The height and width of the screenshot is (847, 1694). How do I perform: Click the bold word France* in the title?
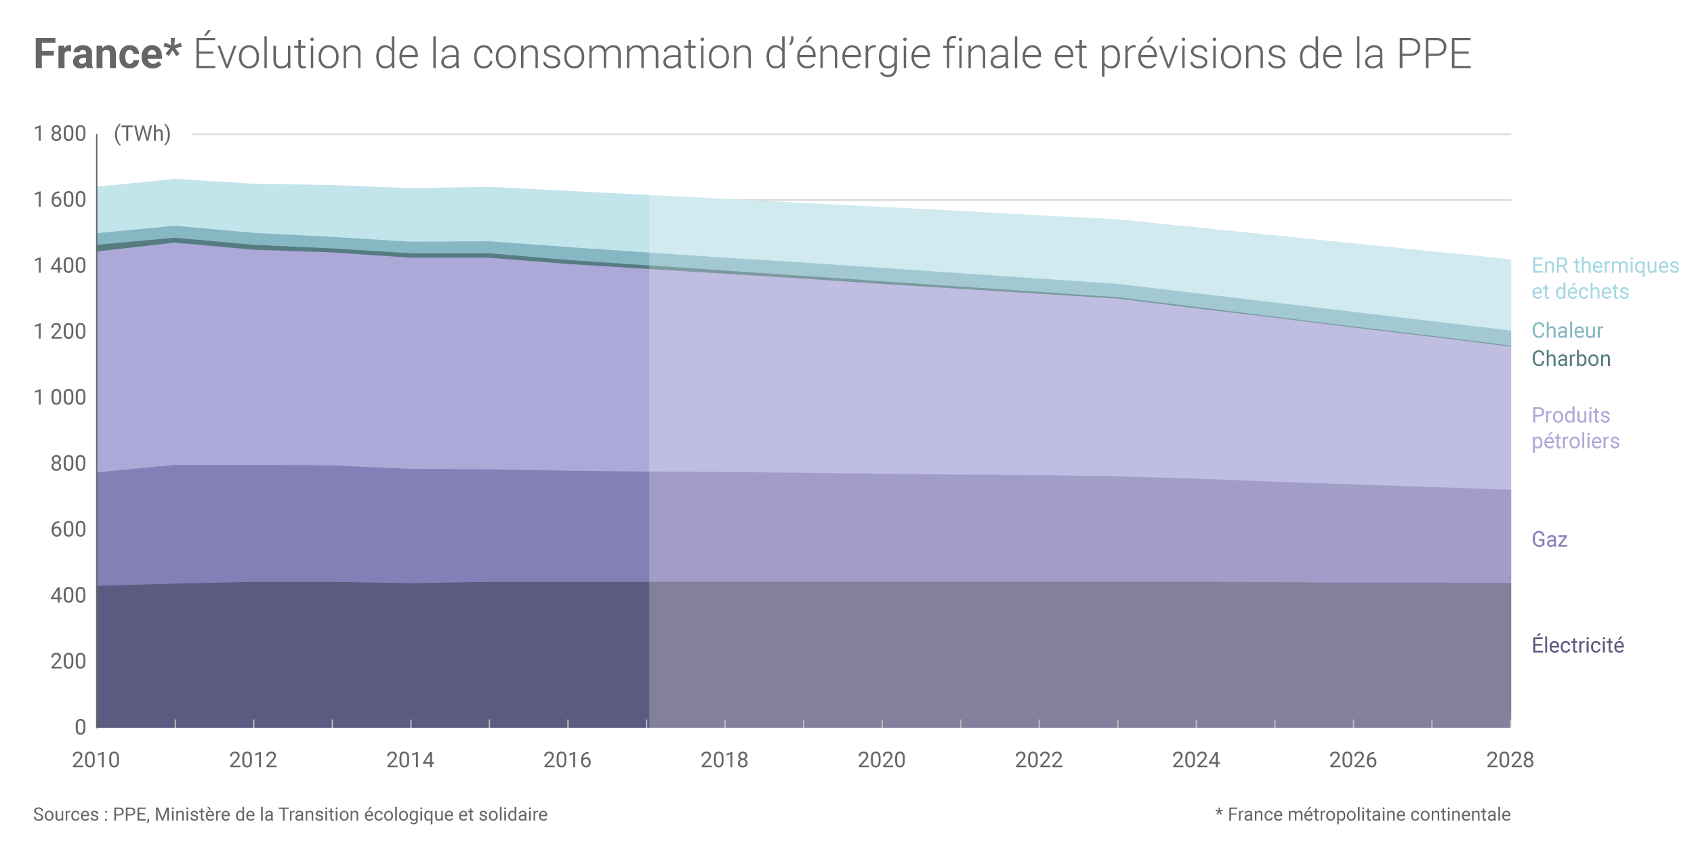click(107, 54)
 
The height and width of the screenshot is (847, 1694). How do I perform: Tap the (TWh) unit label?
click(142, 133)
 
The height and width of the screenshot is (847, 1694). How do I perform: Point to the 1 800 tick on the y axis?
click(60, 133)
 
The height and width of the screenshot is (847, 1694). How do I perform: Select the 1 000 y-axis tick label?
click(60, 397)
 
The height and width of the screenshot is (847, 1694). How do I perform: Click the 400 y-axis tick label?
click(68, 596)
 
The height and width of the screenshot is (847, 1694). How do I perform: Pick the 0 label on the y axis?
click(80, 727)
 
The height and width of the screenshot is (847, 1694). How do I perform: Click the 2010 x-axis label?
click(96, 760)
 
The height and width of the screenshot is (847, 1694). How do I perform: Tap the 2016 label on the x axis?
click(567, 760)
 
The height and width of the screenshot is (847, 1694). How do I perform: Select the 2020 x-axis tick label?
click(882, 760)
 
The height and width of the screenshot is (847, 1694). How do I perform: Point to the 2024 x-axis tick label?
click(1196, 760)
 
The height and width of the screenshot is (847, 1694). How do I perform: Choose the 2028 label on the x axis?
click(1510, 760)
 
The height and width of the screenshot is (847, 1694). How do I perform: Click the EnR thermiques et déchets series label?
click(1605, 278)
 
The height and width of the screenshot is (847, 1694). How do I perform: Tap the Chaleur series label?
click(1567, 331)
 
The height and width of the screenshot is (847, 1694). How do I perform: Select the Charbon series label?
click(1571, 358)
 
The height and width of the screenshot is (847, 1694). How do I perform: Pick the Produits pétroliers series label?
click(1575, 428)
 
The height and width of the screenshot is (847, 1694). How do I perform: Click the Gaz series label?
click(1550, 539)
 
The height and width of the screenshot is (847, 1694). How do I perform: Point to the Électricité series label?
click(1577, 645)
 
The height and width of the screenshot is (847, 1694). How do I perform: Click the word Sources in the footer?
click(66, 814)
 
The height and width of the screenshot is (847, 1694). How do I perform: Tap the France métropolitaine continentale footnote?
click(1369, 814)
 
